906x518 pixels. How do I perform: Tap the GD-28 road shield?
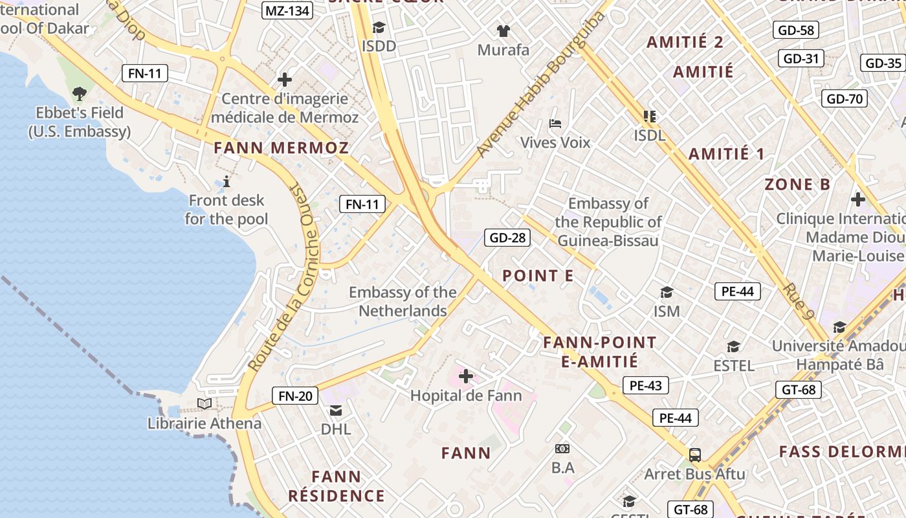tap(507, 238)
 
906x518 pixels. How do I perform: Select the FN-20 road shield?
tap(295, 396)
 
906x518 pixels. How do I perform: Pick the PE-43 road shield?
tap(645, 386)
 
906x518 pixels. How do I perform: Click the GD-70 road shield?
tap(845, 99)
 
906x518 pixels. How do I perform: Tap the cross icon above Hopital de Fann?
tap(465, 376)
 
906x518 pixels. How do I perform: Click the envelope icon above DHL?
tap(336, 410)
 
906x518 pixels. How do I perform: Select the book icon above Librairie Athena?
tap(204, 404)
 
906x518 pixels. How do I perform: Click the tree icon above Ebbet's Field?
tap(80, 94)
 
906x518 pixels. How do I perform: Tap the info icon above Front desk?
tap(226, 181)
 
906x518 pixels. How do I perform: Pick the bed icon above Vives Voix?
tap(555, 123)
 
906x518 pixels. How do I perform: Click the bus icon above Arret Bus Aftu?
tap(694, 455)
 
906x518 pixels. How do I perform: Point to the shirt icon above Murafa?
tap(503, 30)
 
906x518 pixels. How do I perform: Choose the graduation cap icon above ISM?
tap(667, 293)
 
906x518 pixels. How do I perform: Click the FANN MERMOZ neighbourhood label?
tap(282, 148)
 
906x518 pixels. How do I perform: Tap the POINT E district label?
tap(538, 276)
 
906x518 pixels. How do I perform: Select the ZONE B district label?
tap(797, 185)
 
